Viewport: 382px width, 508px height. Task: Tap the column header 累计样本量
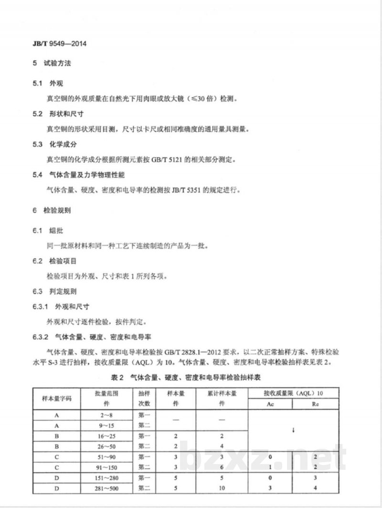tap(222, 393)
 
